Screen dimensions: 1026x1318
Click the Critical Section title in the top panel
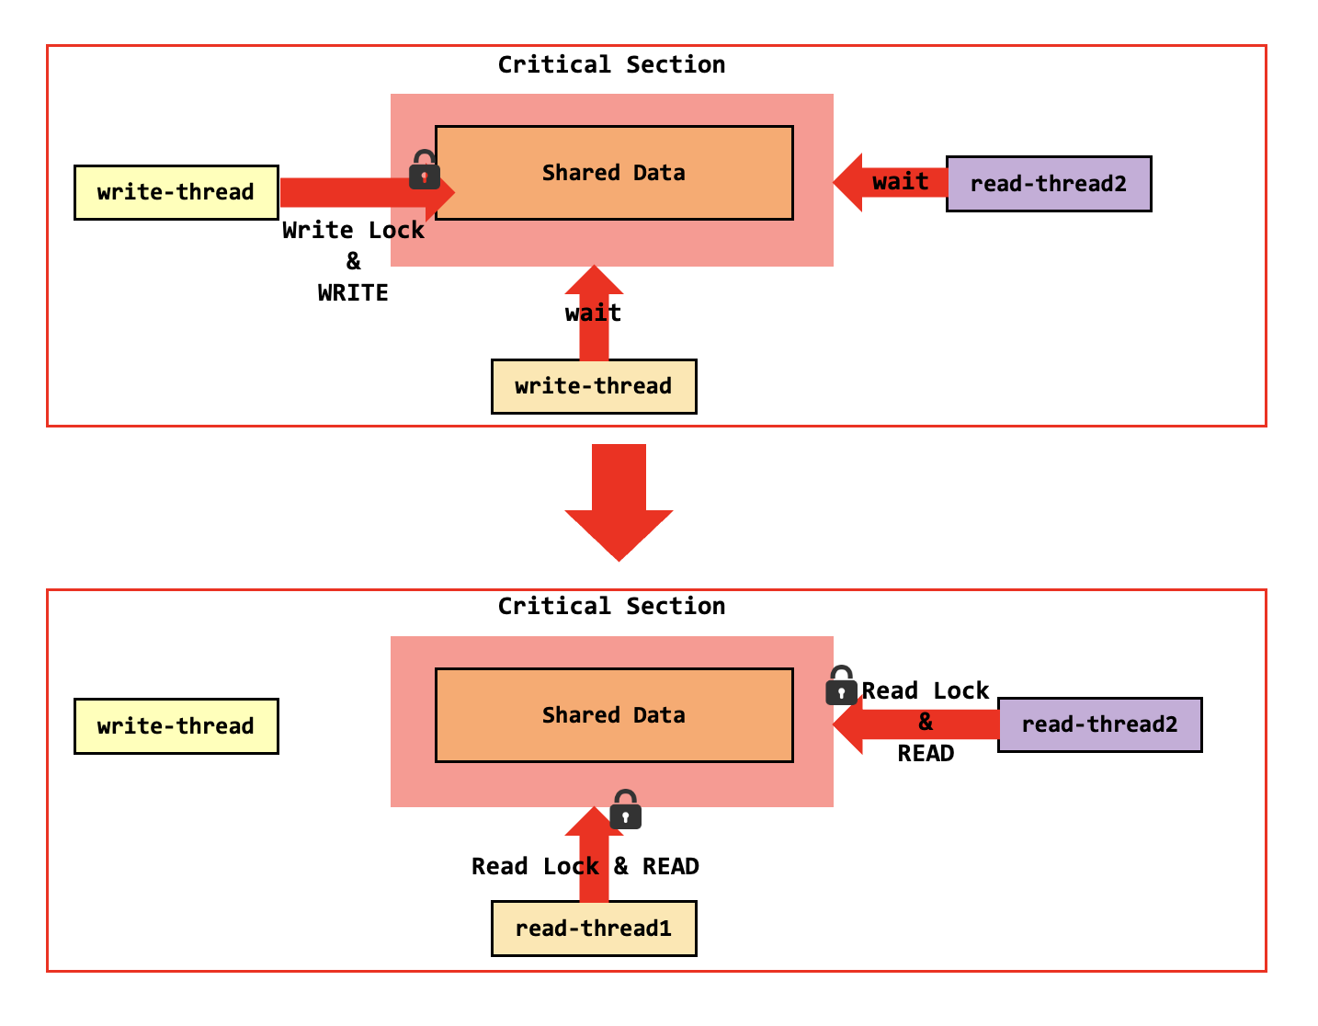point(611,65)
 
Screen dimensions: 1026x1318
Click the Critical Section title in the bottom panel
point(611,607)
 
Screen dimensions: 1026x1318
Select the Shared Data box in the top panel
point(614,173)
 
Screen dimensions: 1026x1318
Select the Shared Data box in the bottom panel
point(614,715)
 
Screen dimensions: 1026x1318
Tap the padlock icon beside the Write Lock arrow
point(424,170)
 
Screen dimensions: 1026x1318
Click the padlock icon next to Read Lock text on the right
point(840,686)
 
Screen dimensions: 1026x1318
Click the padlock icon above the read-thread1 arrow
point(625,810)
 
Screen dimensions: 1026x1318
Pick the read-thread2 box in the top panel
point(1049,184)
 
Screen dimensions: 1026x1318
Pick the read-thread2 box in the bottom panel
point(1099,724)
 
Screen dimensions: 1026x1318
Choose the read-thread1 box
point(594,929)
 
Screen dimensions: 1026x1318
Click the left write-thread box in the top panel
point(176,192)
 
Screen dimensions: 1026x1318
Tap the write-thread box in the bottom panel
point(176,726)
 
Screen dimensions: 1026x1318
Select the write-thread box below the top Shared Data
point(594,386)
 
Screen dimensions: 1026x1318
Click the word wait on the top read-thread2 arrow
point(900,182)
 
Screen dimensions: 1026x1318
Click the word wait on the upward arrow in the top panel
point(593,313)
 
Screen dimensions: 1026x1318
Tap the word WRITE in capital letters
point(353,293)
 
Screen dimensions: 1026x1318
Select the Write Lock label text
point(353,231)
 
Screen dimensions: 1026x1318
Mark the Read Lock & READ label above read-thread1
point(585,867)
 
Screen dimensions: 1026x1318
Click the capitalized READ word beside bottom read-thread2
point(926,754)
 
